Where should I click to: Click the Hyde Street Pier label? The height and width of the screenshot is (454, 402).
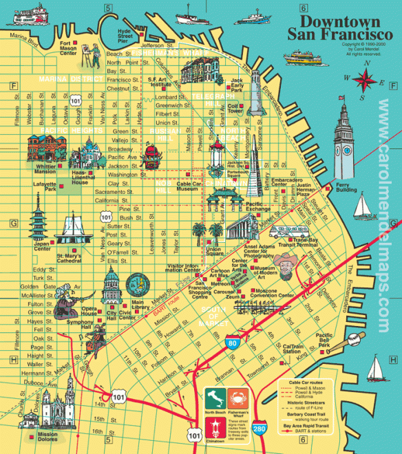click(x=124, y=36)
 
